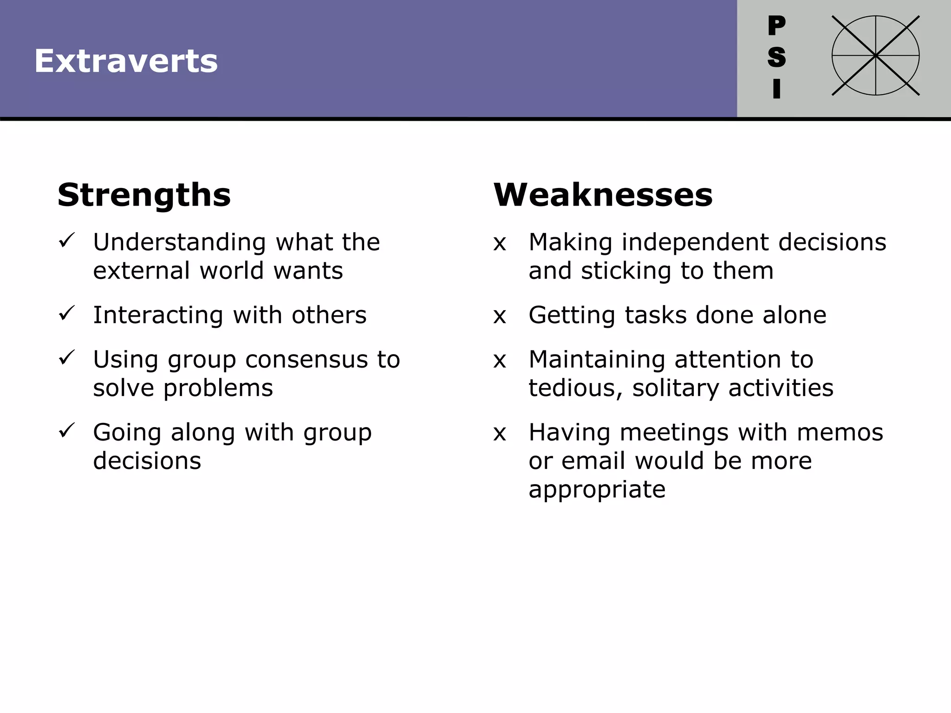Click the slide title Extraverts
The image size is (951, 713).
(126, 61)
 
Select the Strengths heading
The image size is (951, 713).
(144, 195)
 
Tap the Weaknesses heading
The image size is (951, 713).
(603, 195)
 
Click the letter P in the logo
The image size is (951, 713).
(776, 26)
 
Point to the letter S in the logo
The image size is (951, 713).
(776, 57)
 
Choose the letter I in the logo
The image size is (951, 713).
(776, 89)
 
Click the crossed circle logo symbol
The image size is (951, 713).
(875, 56)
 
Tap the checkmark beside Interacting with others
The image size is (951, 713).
(67, 313)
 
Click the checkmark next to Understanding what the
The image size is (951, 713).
(67, 240)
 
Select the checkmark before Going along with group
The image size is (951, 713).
(67, 431)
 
